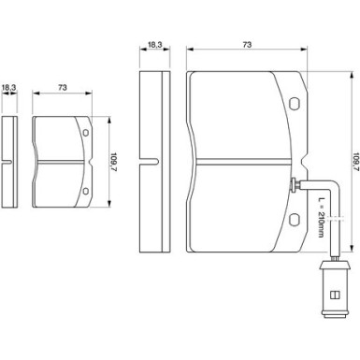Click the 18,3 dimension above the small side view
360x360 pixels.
pos(8,88)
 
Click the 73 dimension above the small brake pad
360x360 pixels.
pos(63,88)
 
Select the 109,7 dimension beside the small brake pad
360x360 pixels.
pos(114,163)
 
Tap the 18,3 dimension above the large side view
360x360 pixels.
pos(154,45)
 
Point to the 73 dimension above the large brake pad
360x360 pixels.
pos(247,45)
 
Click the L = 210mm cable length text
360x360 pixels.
pos(321,217)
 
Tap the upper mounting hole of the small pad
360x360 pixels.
pos(86,133)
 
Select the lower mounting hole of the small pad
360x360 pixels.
pos(86,191)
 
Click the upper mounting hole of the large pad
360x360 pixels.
pos(294,104)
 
